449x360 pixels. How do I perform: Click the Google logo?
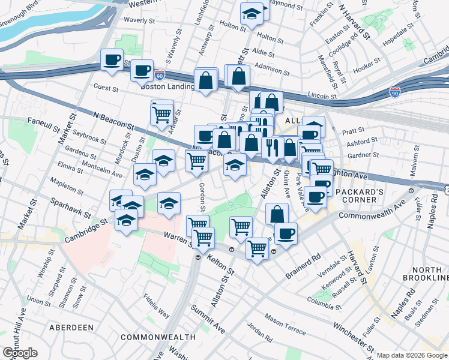20,353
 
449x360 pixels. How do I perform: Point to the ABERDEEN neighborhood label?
71,327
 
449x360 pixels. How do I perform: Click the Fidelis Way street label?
156,305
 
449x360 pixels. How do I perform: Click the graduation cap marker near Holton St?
252,13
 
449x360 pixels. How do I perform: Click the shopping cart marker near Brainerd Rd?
257,247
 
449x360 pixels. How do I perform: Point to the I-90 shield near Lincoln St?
394,92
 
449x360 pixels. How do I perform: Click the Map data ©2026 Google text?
411,355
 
